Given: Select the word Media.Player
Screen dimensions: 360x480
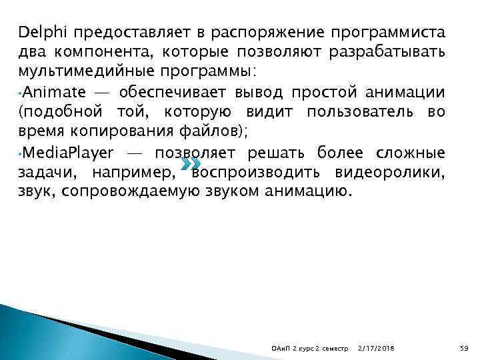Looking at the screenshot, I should pyautogui.click(x=64, y=153).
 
